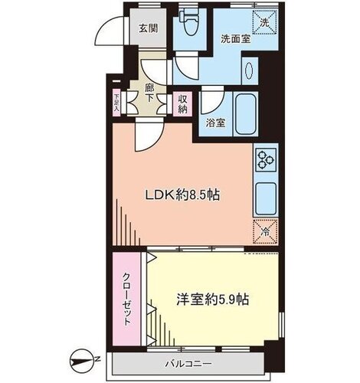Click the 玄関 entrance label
pyautogui.click(x=148, y=28)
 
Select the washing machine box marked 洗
pyautogui.click(x=265, y=22)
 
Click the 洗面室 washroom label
pyautogui.click(x=236, y=39)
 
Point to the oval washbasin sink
pyautogui.click(x=249, y=70)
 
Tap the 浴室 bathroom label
pyautogui.click(x=216, y=123)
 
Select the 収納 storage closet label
pyautogui.click(x=182, y=104)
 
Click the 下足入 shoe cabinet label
pyautogui.click(x=116, y=103)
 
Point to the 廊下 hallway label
pyautogui.click(x=149, y=93)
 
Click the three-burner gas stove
pyautogui.click(x=266, y=160)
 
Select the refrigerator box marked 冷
pyautogui.click(x=265, y=232)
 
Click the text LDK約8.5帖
pyautogui.click(x=182, y=195)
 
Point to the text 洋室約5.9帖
pyautogui.click(x=213, y=300)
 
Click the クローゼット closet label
pyautogui.click(x=127, y=299)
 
